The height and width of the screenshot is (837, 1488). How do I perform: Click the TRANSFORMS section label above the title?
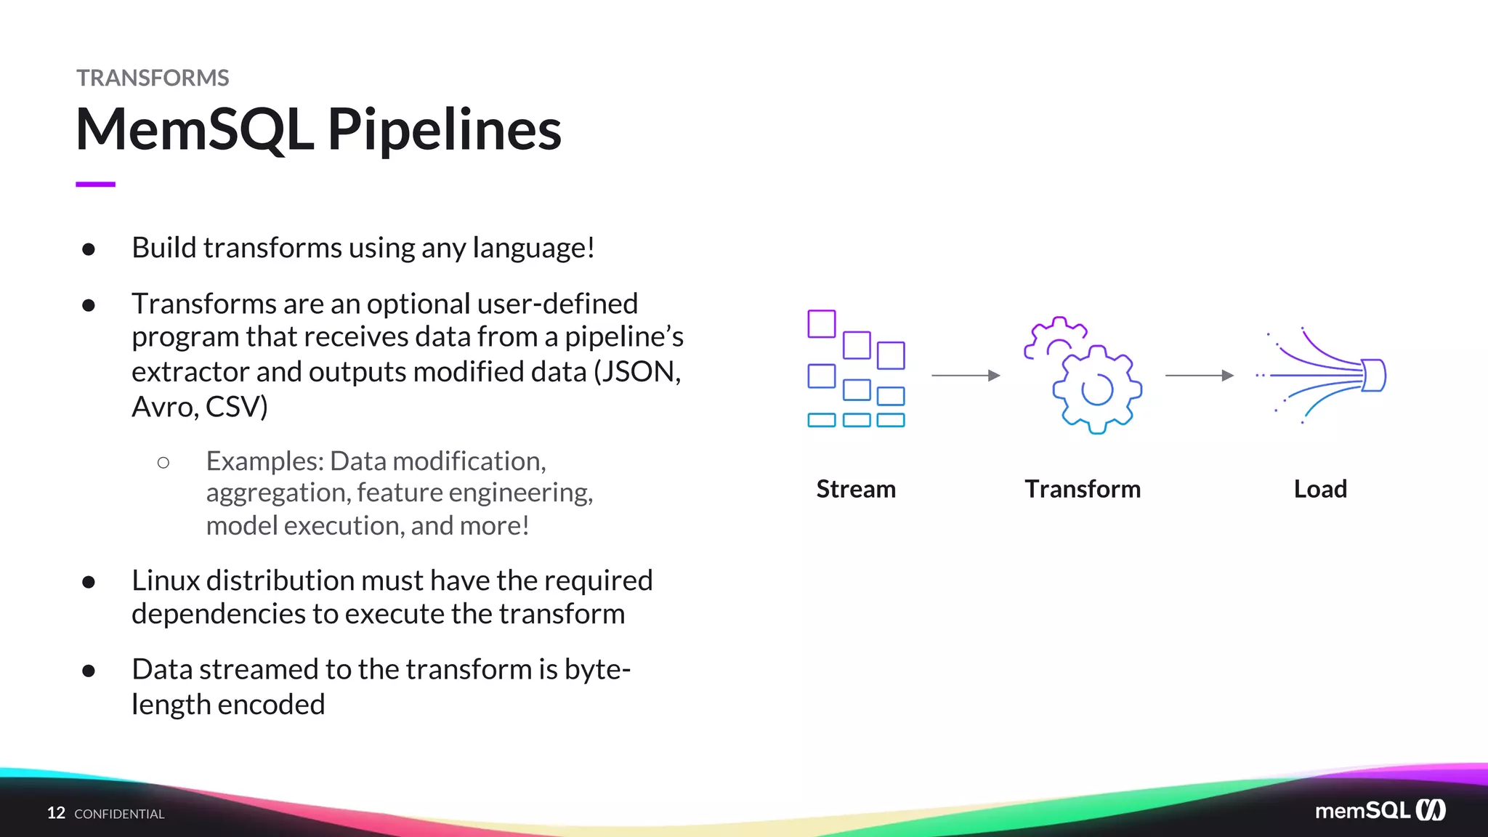click(153, 78)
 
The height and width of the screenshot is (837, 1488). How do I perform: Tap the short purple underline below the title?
click(95, 185)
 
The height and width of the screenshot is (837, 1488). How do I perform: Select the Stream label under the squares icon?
click(855, 489)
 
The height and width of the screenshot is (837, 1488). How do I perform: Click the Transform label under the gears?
click(1082, 489)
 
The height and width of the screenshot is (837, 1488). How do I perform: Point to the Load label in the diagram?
click(1319, 489)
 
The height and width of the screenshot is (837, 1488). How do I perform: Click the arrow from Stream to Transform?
click(966, 376)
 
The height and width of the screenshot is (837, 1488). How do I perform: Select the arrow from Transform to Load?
click(1199, 376)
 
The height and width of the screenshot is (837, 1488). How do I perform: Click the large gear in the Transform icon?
click(1097, 390)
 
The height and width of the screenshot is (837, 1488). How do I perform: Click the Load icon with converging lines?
click(1322, 375)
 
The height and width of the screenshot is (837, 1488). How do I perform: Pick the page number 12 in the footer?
click(56, 813)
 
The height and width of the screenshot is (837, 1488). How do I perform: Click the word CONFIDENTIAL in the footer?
click(119, 814)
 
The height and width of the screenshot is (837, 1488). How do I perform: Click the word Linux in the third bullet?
click(165, 581)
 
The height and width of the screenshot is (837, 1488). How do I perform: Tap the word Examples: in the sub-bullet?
click(264, 461)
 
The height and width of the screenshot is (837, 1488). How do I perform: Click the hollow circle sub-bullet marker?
click(163, 462)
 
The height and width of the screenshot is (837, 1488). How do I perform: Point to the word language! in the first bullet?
click(533, 248)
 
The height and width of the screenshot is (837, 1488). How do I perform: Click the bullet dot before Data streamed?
click(89, 671)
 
